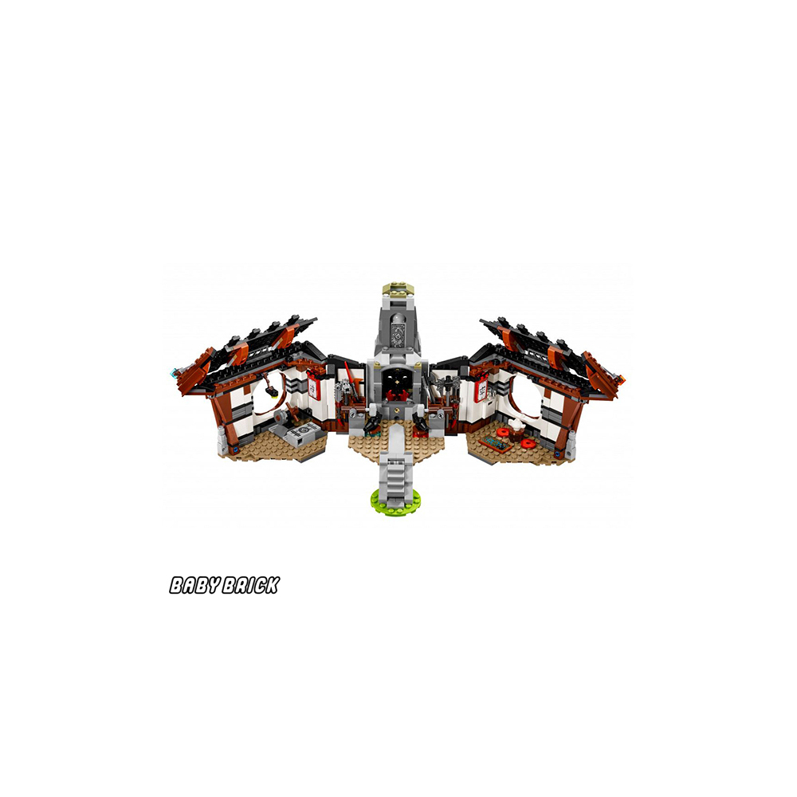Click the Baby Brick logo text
coord(224,586)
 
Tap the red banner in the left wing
coord(313,387)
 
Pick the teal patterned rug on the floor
coord(492,442)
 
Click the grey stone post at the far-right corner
coord(571,442)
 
